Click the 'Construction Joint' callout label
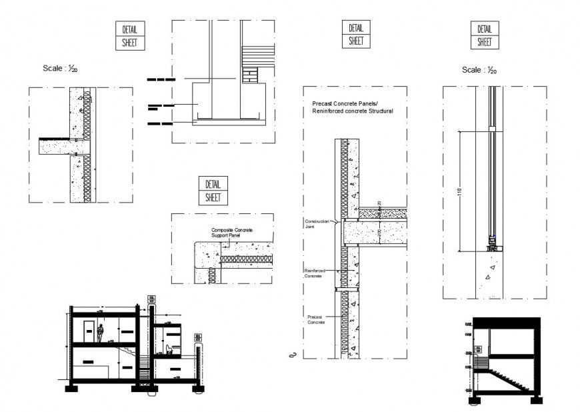[317, 223]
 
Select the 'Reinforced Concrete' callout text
[315, 273]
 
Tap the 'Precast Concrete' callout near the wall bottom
[316, 319]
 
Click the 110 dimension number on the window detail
[458, 192]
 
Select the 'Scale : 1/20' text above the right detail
[479, 70]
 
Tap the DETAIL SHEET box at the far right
[485, 35]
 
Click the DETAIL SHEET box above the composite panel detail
[213, 191]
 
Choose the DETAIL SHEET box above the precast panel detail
[356, 34]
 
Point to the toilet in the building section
[169, 347]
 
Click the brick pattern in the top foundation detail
[250, 73]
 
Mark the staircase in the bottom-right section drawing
[513, 382]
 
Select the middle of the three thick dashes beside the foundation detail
[161, 105]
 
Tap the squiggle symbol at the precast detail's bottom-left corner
[291, 355]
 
